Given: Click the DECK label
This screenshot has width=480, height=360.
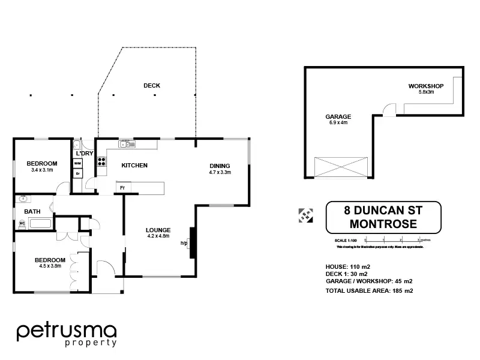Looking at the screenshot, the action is pyautogui.click(x=152, y=86).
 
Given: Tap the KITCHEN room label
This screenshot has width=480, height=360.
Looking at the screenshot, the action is pyautogui.click(x=134, y=166).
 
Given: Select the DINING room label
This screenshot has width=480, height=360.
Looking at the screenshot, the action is pyautogui.click(x=220, y=166).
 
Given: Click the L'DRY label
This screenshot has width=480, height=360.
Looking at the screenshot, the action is pyautogui.click(x=84, y=154).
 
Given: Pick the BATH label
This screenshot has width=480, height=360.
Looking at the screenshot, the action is pyautogui.click(x=32, y=212).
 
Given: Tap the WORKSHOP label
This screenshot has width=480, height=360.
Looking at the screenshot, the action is pyautogui.click(x=426, y=86).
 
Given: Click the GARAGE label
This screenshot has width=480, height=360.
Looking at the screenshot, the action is pyautogui.click(x=338, y=116).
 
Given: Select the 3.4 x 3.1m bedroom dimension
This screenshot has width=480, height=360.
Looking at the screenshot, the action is pyautogui.click(x=42, y=170).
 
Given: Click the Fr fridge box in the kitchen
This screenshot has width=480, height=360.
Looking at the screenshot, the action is pyautogui.click(x=122, y=188).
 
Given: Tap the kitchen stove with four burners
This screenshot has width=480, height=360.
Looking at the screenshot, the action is pyautogui.click(x=101, y=161).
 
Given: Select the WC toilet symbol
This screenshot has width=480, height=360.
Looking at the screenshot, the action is pyautogui.click(x=23, y=224).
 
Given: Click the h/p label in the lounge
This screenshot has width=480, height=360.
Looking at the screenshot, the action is pyautogui.click(x=184, y=243).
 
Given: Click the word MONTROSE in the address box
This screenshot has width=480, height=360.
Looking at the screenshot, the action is pyautogui.click(x=383, y=224).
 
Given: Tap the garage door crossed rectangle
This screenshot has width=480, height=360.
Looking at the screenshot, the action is pyautogui.click(x=340, y=166).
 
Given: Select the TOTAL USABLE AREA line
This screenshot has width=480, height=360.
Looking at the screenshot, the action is pyautogui.click(x=370, y=290).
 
